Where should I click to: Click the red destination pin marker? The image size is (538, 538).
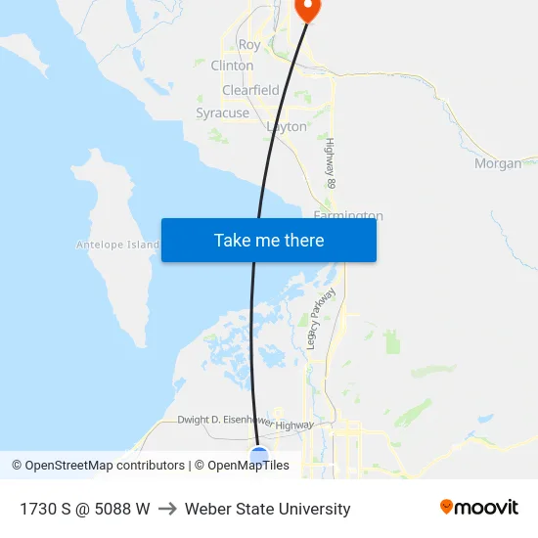307,8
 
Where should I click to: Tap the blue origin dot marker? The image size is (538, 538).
259,455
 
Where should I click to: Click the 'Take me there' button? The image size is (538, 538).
269,241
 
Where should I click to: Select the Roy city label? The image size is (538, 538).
249,45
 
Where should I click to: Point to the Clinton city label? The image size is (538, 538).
232,67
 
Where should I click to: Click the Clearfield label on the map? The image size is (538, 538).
250,90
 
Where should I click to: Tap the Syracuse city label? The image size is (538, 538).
222,113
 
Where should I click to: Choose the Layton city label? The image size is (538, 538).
287,127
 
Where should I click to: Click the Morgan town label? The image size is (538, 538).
498,164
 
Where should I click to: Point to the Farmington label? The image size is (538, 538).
348,215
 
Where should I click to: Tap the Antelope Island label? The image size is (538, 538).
117,245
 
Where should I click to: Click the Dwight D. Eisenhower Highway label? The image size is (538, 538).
246,423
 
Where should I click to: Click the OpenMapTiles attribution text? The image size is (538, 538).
248,466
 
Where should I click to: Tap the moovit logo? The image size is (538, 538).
479,508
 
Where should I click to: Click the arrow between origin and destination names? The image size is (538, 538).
167,509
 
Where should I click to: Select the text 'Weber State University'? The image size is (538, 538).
267,509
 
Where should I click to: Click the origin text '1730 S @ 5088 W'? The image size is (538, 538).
85,509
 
